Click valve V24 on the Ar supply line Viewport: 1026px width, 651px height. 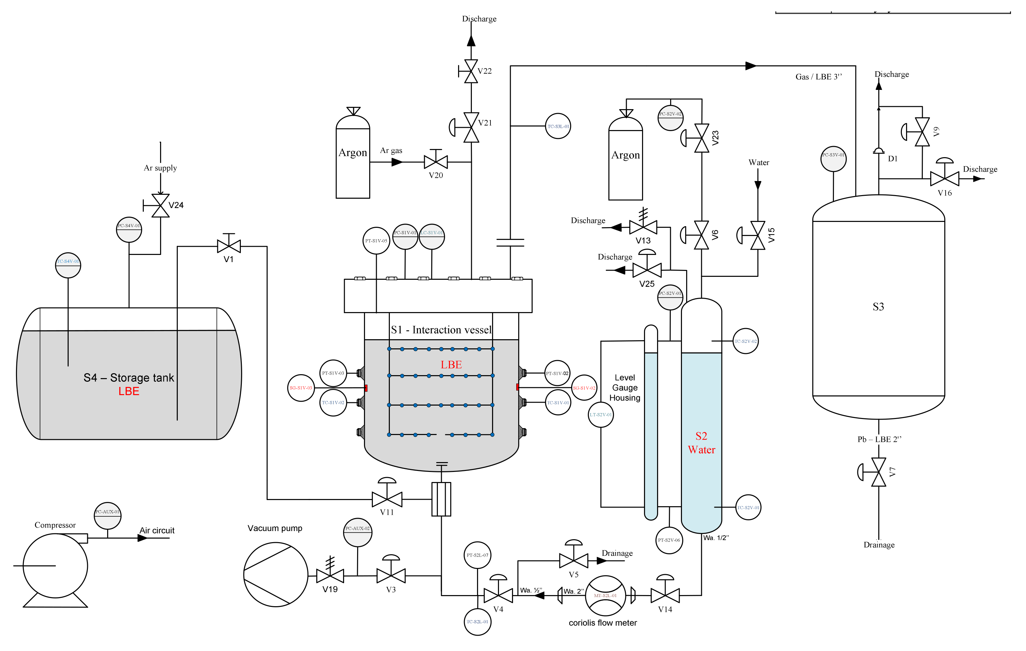click(160, 206)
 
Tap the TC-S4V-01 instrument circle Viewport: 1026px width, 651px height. click(68, 265)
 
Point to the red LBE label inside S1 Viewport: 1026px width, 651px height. click(451, 365)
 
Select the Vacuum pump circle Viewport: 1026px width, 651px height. click(276, 574)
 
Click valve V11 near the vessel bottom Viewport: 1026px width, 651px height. click(387, 499)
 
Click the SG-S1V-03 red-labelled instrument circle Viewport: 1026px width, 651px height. click(301, 388)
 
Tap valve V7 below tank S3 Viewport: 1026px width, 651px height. click(878, 472)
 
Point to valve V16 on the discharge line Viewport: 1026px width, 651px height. click(944, 178)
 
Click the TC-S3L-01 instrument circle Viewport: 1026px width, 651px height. click(558, 126)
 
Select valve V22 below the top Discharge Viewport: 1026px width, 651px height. click(471, 71)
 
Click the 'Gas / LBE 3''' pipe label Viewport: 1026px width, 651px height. click(819, 77)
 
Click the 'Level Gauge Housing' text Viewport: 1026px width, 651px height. click(625, 388)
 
